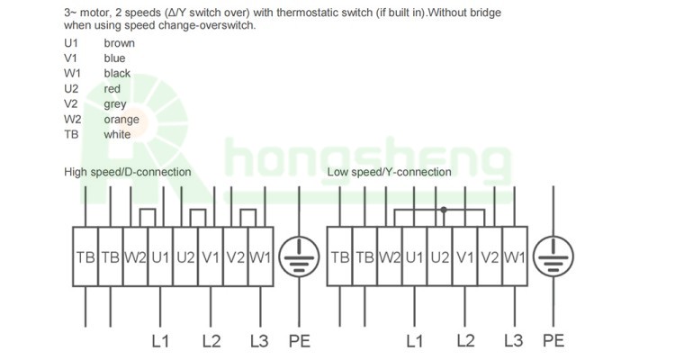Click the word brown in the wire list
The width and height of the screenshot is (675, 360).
(x=120, y=42)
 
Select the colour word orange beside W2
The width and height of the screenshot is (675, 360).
(x=121, y=120)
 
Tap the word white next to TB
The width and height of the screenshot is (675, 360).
(x=117, y=135)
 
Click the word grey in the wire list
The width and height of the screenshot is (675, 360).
(x=115, y=104)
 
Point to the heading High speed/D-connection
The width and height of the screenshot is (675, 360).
(x=127, y=172)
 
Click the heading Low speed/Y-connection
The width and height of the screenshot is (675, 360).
(x=389, y=172)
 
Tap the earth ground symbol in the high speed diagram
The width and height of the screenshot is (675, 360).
(x=298, y=256)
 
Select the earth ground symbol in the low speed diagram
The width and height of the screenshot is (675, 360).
(x=553, y=256)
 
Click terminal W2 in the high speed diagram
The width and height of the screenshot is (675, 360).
(x=135, y=257)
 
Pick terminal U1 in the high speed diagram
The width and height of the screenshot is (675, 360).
(x=160, y=257)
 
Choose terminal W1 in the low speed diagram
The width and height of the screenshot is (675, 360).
(x=514, y=257)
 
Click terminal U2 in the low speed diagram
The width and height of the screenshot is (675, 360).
(x=439, y=257)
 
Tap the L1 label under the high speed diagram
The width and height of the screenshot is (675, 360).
(x=160, y=341)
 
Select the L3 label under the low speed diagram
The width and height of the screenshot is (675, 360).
(x=514, y=341)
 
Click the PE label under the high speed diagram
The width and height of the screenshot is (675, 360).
(x=298, y=341)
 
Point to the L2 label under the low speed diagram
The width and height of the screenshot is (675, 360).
(x=464, y=341)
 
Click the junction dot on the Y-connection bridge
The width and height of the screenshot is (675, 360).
(x=442, y=211)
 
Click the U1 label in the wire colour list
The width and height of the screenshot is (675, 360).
(x=72, y=42)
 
